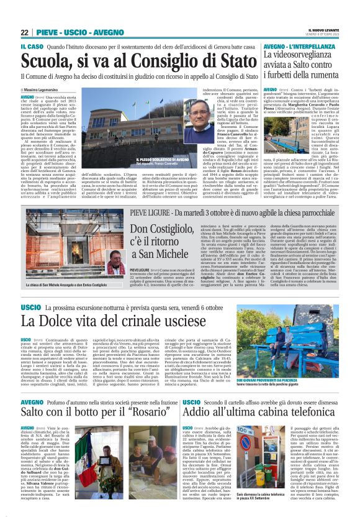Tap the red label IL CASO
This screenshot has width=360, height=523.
(31, 47)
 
